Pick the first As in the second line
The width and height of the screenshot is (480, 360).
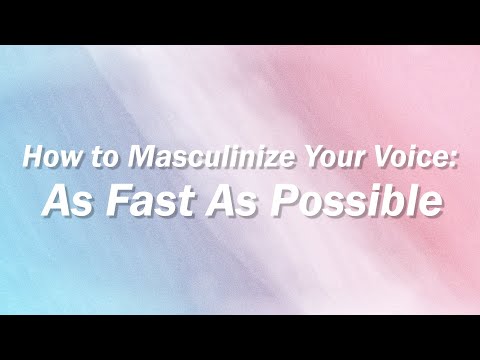click(64, 201)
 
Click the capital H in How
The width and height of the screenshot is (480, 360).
click(31, 158)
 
